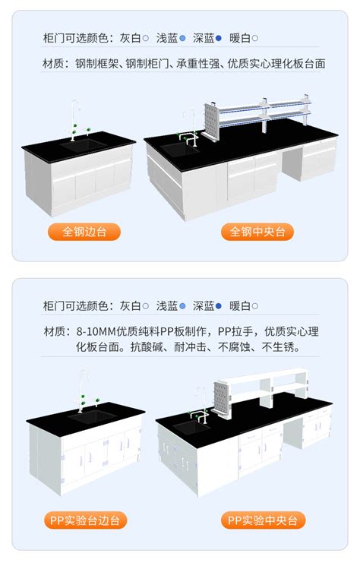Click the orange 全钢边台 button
click(84, 232)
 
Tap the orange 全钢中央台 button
click(257, 232)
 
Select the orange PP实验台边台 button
click(84, 520)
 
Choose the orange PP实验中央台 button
click(264, 520)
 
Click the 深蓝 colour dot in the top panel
click(219, 37)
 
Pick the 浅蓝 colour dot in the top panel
click(182, 37)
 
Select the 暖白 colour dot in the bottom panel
click(255, 306)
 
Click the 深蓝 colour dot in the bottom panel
click(219, 306)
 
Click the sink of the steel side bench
click(84, 144)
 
